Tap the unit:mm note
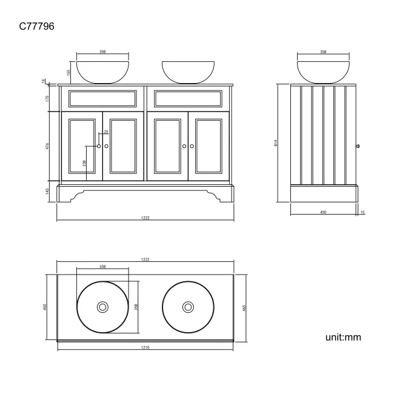click(344, 337)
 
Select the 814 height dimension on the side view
click(276, 143)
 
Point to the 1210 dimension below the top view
click(145, 348)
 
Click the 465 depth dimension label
click(244, 307)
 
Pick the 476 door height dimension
click(48, 146)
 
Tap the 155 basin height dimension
click(69, 72)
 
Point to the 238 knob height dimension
click(84, 162)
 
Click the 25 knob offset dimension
click(105, 132)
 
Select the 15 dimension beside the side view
click(362, 213)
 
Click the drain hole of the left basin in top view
click(103, 307)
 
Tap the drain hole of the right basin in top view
click(188, 307)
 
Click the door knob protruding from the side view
click(358, 146)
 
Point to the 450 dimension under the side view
click(323, 213)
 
